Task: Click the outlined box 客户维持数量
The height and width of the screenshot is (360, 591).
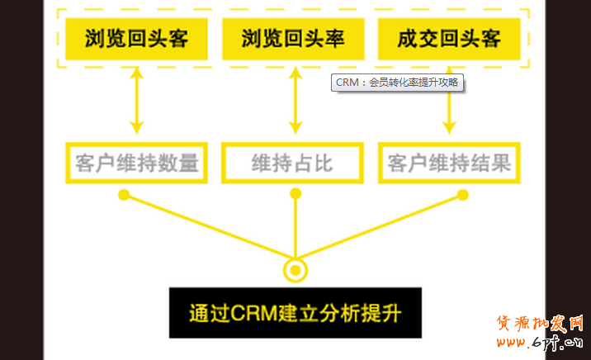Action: pyautogui.click(x=136, y=163)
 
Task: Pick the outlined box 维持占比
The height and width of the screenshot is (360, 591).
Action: pyautogui.click(x=294, y=163)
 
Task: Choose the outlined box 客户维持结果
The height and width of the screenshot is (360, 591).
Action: pyautogui.click(x=449, y=163)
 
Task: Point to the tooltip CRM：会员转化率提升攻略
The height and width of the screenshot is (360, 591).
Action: pyautogui.click(x=397, y=83)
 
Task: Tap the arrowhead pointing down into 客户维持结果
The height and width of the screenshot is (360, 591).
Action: pyautogui.click(x=449, y=126)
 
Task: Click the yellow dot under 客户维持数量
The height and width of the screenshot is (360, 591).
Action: pyautogui.click(x=124, y=195)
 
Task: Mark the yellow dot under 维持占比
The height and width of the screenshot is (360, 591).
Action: pyautogui.click(x=295, y=195)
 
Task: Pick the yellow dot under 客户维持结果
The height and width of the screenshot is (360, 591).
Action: pyautogui.click(x=462, y=195)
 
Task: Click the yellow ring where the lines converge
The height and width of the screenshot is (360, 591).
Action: pyautogui.click(x=295, y=269)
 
